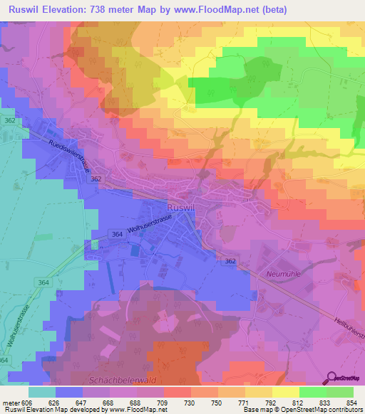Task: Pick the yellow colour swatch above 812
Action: (286, 391)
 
